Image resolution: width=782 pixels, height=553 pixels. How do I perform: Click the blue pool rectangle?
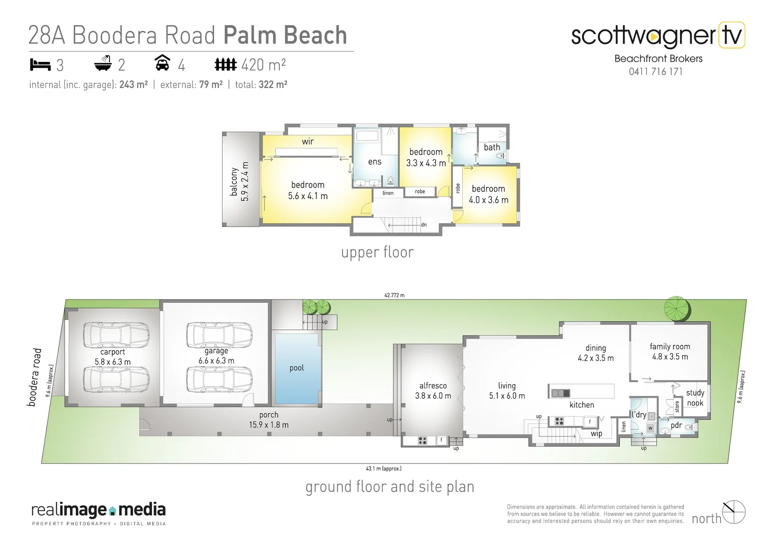coord(297,369)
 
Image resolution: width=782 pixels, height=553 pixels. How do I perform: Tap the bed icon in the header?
coord(40,65)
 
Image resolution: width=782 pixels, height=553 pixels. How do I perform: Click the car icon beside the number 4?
coord(162,63)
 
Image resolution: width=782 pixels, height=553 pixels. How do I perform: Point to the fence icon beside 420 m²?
coord(225,65)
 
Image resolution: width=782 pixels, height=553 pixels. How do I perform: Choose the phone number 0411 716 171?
coord(656,72)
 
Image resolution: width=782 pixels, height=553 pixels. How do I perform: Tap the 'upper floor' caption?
coord(377,252)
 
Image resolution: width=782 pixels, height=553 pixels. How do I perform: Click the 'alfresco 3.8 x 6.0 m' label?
coord(433,391)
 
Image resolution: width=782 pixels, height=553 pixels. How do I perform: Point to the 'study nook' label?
coord(695,398)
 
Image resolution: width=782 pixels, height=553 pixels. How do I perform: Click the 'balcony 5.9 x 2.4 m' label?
coord(239,181)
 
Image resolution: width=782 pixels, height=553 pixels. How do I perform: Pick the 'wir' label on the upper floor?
coord(308,141)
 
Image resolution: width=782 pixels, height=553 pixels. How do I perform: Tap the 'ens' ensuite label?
coord(375,162)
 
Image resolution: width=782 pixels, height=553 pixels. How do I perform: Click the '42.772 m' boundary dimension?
coord(394,295)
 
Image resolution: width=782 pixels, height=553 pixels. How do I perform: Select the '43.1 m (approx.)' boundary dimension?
coord(383,468)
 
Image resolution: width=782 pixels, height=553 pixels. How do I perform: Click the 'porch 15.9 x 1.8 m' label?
coord(269,420)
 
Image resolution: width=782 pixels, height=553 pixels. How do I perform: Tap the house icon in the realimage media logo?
coord(113,511)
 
